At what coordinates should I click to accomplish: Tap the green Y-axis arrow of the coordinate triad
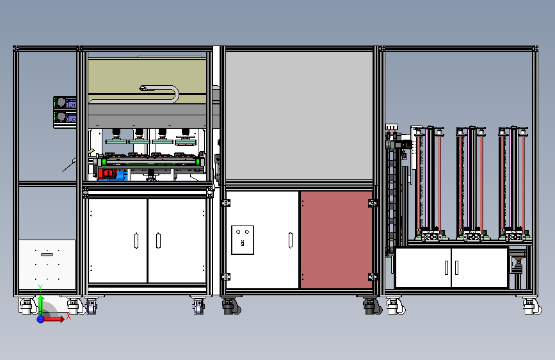tap(40, 301)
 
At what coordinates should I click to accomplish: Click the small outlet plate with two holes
tap(243, 240)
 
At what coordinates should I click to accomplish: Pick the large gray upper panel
tap(299, 115)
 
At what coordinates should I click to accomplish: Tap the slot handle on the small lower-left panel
tap(47, 255)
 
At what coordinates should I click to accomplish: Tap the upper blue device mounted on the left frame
tap(63, 102)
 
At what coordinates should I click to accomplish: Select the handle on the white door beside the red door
tap(292, 240)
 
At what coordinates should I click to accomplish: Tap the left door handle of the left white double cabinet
tap(136, 240)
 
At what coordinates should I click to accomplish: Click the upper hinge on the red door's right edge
tap(371, 203)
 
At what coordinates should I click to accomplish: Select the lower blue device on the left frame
tap(63, 117)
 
